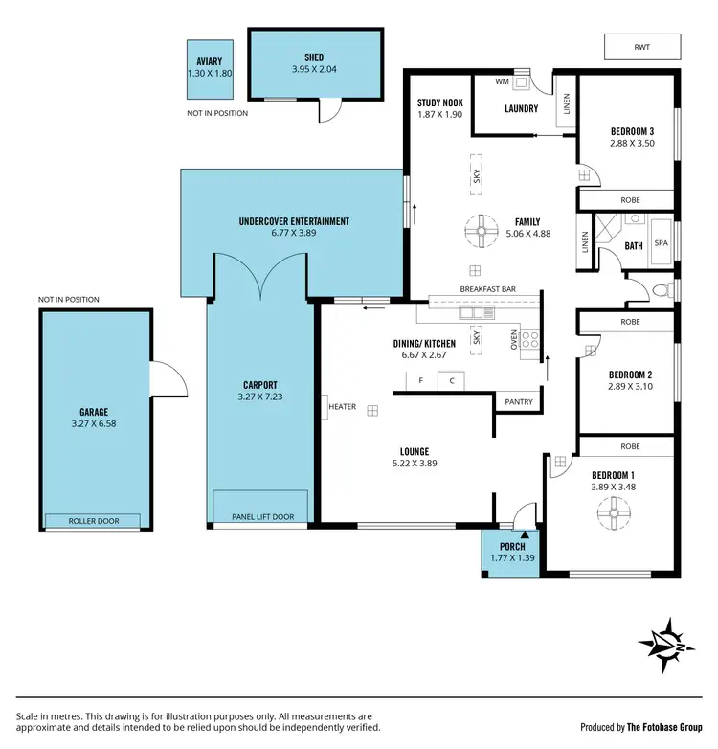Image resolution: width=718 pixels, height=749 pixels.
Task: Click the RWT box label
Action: pos(642,46)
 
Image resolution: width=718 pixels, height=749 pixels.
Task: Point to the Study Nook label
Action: pos(439,103)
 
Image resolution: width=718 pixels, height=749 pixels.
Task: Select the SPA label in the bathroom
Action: pos(661,243)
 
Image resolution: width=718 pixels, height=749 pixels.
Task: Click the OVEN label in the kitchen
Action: pos(514,339)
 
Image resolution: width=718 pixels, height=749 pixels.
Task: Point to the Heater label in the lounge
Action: pos(343,407)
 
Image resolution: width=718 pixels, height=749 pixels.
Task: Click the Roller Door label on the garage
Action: pos(93,522)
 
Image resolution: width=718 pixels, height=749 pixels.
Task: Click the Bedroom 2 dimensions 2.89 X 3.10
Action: pos(629,386)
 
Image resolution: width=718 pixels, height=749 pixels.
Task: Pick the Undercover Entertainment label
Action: pos(294,221)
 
